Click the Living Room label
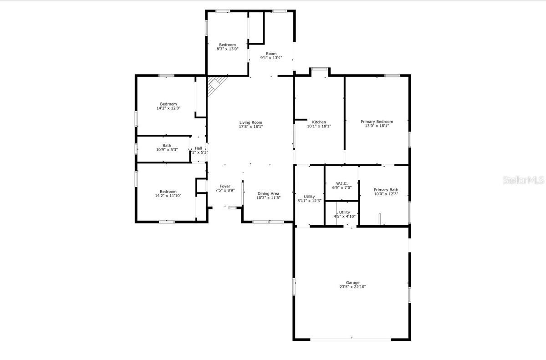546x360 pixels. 251,122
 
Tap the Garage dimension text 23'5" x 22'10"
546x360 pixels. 352,287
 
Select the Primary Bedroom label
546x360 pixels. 377,122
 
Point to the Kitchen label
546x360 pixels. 319,122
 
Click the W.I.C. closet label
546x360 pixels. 342,183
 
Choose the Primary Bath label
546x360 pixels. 386,190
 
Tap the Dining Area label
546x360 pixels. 268,193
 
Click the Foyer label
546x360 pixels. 225,186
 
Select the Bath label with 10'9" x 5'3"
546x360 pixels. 167,145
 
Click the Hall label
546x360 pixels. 199,148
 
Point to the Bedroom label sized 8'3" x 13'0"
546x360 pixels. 226,45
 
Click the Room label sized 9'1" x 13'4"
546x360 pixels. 271,54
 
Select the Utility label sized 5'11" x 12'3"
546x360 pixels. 309,197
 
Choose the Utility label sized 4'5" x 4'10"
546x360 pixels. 344,212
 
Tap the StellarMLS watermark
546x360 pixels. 523,180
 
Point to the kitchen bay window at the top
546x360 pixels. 320,69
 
